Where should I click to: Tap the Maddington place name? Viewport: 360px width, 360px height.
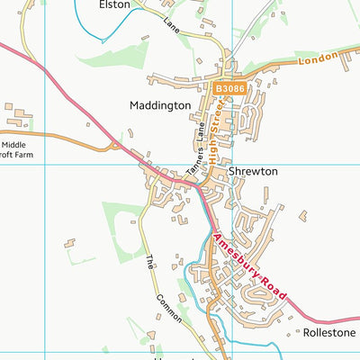point(159,105)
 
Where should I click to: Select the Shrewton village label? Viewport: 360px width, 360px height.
point(253,171)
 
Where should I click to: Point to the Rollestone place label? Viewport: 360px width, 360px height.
point(330,333)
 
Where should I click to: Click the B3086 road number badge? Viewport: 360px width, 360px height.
point(229,88)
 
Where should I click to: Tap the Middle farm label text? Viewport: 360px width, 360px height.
point(14,144)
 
